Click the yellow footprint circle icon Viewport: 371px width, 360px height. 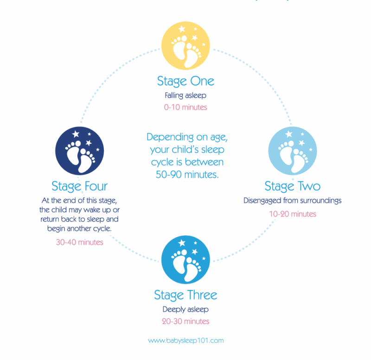click(185, 45)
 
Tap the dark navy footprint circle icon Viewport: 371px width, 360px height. click(79, 151)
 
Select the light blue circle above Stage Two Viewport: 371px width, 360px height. click(293, 151)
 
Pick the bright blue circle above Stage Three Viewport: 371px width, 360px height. click(185, 259)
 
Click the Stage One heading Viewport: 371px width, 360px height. click(185, 82)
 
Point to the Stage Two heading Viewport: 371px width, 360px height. click(293, 187)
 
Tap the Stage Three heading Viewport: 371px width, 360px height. click(185, 295)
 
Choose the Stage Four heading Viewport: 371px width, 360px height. click(79, 187)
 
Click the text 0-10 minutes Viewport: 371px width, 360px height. click(185, 107)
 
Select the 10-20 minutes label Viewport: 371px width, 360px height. click(293, 214)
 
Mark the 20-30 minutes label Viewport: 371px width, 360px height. click(185, 322)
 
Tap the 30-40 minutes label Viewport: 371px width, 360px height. click(79, 242)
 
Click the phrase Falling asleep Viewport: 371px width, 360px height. click(185, 95)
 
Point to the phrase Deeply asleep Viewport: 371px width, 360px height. click(185, 309)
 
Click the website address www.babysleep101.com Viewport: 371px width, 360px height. click(186, 341)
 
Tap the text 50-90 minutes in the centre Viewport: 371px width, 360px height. click(187, 175)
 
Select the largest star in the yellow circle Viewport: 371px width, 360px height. click(182, 29)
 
